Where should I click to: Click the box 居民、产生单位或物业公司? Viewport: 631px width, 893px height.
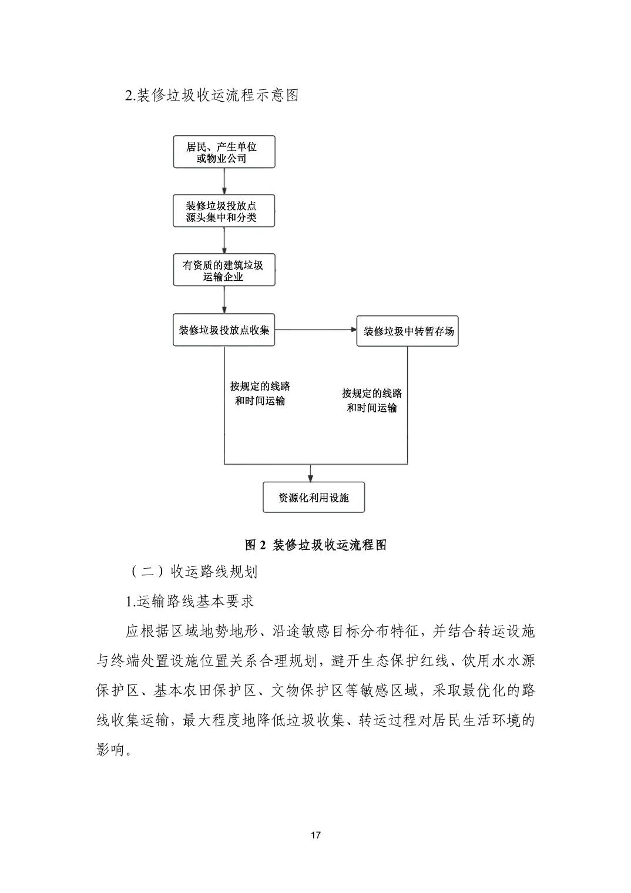(x=223, y=152)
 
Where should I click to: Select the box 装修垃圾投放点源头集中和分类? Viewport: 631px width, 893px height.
(x=223, y=211)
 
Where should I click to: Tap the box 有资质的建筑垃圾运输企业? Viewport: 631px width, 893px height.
(x=223, y=270)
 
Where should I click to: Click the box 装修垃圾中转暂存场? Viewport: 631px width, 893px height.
(x=407, y=331)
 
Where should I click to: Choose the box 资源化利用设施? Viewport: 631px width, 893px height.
(x=313, y=498)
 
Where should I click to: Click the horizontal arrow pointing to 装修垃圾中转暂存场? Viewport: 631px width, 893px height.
(x=315, y=330)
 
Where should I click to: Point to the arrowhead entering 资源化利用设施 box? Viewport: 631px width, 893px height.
(x=311, y=476)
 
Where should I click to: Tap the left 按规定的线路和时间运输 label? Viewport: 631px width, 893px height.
(x=260, y=394)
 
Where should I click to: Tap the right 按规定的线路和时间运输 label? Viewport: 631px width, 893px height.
(x=372, y=401)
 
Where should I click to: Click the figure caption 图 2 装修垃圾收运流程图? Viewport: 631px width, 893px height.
(x=315, y=545)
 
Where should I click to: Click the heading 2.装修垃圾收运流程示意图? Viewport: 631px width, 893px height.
(x=212, y=95)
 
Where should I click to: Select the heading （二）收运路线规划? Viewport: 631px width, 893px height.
(x=192, y=572)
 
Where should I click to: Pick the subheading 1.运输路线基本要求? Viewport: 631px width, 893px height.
(x=189, y=602)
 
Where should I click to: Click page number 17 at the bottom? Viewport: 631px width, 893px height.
(x=315, y=835)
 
